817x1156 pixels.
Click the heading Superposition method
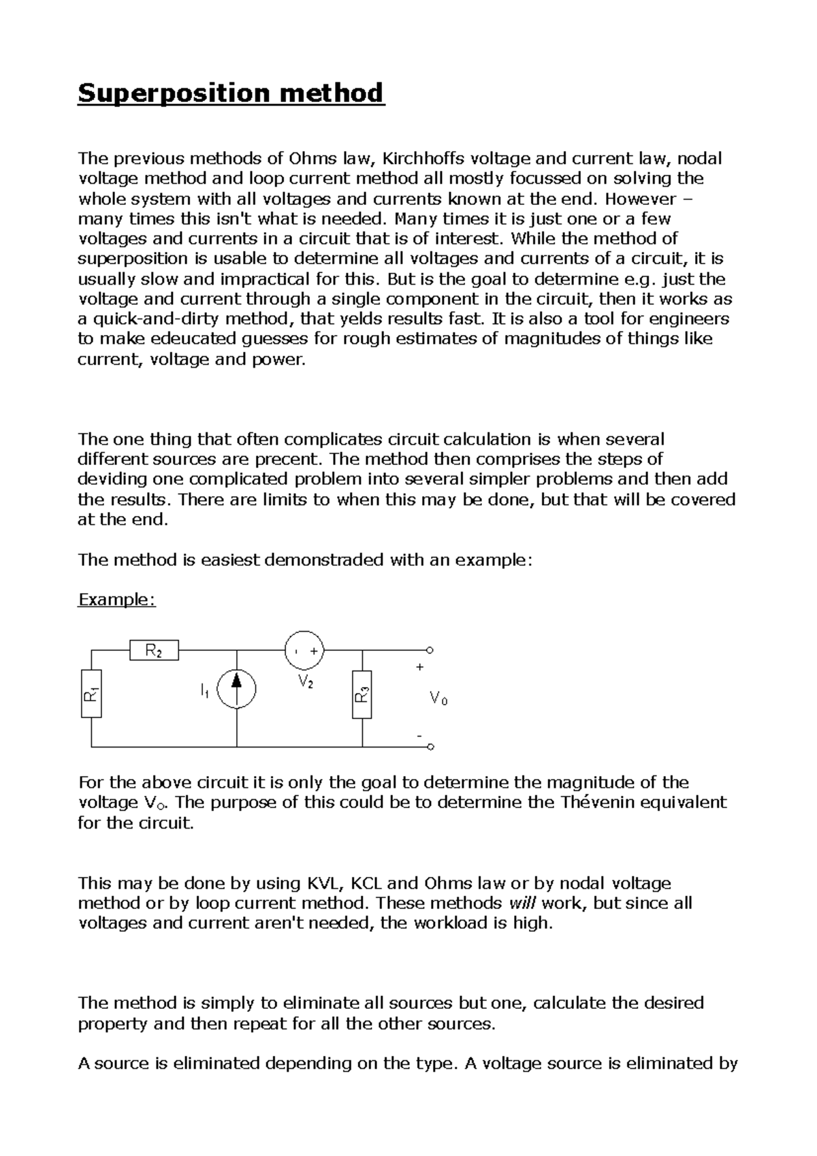click(x=231, y=92)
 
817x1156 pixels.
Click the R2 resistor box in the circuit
click(x=154, y=651)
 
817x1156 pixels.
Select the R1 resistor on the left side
click(x=91, y=694)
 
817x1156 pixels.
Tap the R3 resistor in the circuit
click(x=362, y=694)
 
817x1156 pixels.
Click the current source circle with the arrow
click(x=237, y=688)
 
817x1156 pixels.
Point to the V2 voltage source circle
click(x=304, y=650)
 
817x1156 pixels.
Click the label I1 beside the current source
click(x=204, y=691)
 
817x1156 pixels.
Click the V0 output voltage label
click(x=438, y=699)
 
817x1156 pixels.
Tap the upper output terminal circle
click(x=430, y=650)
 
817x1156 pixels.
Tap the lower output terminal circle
click(x=430, y=747)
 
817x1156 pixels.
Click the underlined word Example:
click(x=117, y=600)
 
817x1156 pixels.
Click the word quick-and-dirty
click(x=155, y=319)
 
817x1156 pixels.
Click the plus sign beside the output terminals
click(x=419, y=667)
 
